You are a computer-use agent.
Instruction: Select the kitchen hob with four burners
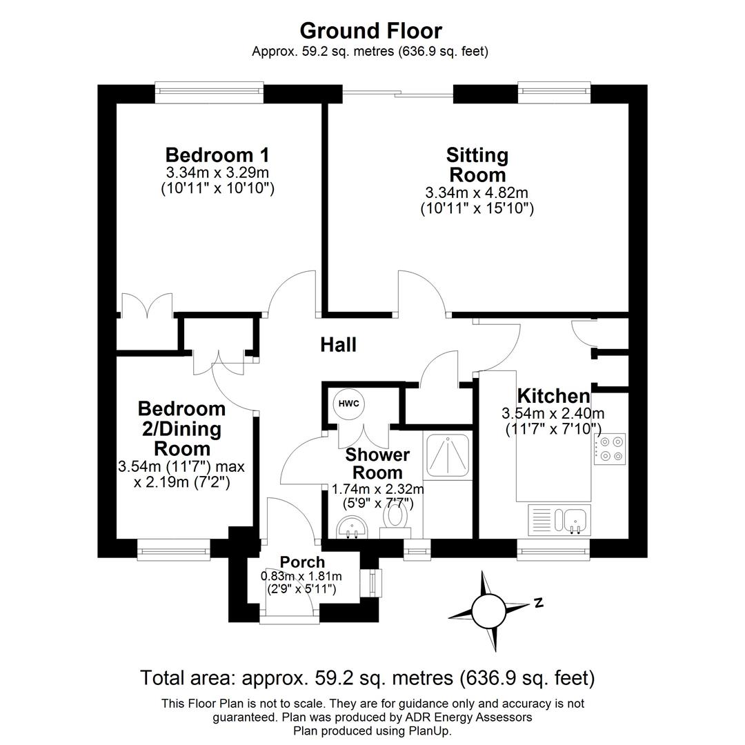coord(609,448)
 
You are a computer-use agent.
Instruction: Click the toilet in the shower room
coord(396,519)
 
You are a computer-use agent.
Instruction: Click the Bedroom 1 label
coord(217,155)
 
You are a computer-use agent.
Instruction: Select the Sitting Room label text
coord(477,164)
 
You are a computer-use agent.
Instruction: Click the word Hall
coord(338,345)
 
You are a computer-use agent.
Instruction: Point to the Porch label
coord(302,562)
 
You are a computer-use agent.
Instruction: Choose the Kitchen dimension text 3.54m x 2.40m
coord(553,414)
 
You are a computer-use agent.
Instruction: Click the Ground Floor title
coord(370,31)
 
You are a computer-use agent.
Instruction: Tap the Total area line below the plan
coord(367,678)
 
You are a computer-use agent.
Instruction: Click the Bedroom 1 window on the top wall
coord(209,93)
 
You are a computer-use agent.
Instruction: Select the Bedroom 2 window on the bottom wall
coord(173,549)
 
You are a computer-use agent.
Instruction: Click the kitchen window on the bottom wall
coord(553,549)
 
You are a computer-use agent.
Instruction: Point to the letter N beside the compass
coord(539,602)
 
